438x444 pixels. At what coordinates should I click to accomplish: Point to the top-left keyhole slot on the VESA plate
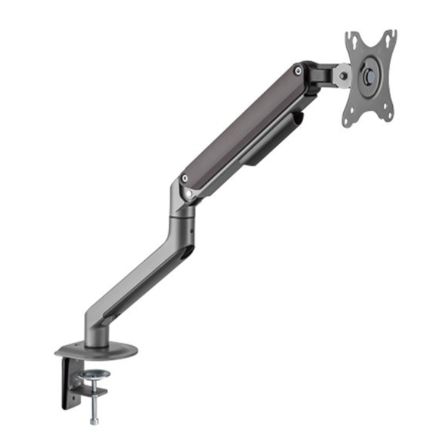pyautogui.click(x=352, y=40)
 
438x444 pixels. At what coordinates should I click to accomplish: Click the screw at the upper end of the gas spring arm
pyautogui.click(x=297, y=71)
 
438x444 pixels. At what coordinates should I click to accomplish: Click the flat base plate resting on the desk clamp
pyautogui.click(x=96, y=352)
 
